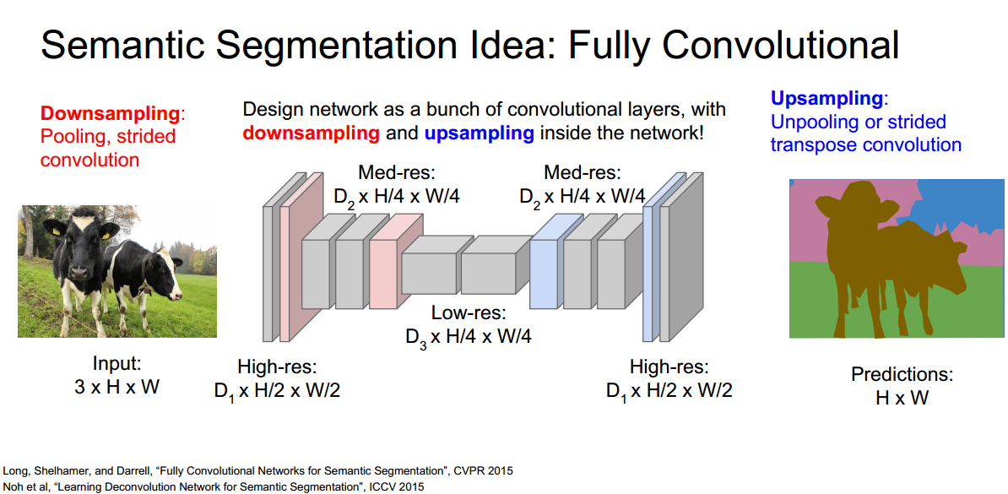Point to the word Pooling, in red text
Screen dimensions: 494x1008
[x=75, y=137]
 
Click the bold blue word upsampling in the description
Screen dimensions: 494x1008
[x=479, y=133]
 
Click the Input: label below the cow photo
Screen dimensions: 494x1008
[x=117, y=364]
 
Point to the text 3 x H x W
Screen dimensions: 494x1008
[x=117, y=387]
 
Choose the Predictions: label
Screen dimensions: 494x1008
[x=901, y=374]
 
